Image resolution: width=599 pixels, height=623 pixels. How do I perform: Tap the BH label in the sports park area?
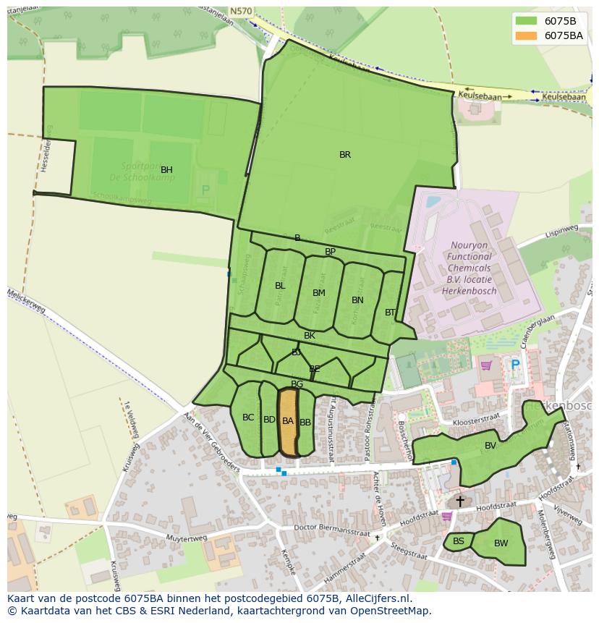tap(166, 170)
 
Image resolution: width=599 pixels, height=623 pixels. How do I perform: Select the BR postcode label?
tap(345, 155)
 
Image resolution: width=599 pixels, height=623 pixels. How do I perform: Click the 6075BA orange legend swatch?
tap(527, 35)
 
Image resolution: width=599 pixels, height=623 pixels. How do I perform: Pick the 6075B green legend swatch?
tap(527, 20)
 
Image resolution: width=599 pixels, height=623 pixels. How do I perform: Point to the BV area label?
tap(490, 446)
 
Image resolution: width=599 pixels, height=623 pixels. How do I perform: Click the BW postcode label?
tap(501, 543)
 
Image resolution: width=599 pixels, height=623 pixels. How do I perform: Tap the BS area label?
tap(459, 541)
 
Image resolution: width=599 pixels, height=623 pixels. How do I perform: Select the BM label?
tap(319, 293)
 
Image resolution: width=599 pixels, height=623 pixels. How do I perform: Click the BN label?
tap(357, 300)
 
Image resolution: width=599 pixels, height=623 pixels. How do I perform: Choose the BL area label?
tap(280, 286)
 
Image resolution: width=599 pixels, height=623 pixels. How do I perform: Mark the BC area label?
tap(248, 418)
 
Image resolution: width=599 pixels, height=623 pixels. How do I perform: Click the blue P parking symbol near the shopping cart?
tap(515, 365)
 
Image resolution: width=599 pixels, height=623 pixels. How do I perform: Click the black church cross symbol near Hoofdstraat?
tap(460, 501)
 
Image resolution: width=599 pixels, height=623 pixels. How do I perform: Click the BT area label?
tap(391, 313)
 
